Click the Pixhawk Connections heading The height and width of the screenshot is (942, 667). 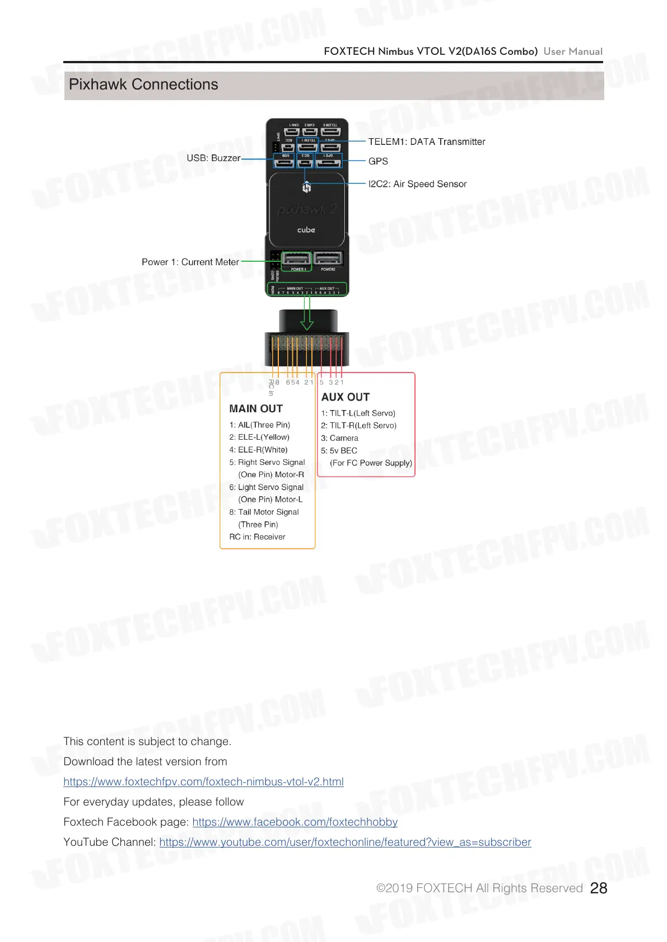point(143,84)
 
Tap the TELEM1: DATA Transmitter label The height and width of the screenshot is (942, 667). point(426,142)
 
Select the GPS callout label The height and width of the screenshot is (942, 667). point(378,161)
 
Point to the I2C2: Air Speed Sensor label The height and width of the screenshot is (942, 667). point(417,184)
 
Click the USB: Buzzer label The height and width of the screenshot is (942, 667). point(213,158)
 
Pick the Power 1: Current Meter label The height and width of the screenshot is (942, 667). point(190,262)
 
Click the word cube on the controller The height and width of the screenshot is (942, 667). point(306,230)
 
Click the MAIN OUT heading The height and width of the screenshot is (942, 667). point(256,409)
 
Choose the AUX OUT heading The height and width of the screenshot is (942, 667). point(346,397)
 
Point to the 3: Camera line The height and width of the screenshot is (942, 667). point(339,438)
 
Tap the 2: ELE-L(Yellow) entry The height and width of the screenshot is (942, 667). point(259,437)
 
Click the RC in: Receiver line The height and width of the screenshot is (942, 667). point(257,537)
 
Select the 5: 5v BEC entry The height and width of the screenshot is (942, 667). point(339,450)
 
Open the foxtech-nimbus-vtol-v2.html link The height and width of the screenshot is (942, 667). point(203,781)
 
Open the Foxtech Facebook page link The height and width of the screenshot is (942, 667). point(295,822)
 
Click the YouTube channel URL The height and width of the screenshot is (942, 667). point(345,842)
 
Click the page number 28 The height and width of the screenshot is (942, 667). point(599,888)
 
